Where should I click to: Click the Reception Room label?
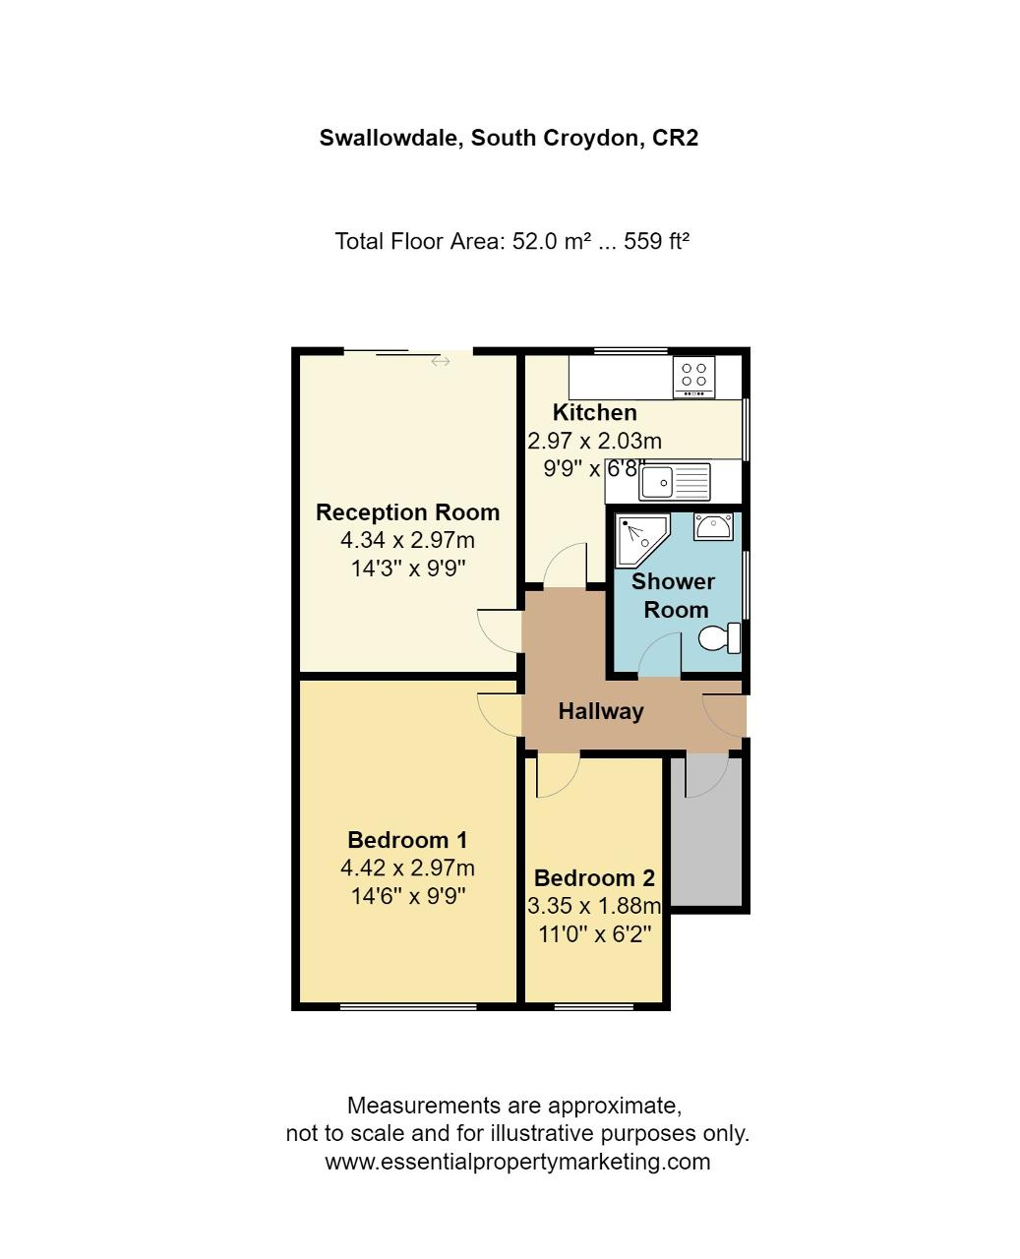[x=408, y=511]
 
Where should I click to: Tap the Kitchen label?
[x=594, y=412]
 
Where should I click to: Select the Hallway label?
[x=601, y=711]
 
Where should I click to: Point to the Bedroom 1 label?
[x=407, y=839]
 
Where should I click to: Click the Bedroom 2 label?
[x=594, y=877]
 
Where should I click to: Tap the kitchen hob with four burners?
[x=693, y=377]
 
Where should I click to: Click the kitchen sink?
[x=675, y=482]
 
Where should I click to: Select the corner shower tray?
[x=641, y=540]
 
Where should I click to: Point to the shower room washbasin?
[x=713, y=525]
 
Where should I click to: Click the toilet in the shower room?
[x=719, y=637]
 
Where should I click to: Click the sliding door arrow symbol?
[x=441, y=361]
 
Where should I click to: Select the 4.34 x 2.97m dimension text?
[x=407, y=540]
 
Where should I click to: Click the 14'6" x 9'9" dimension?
[x=408, y=896]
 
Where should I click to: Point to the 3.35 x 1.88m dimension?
[x=594, y=906]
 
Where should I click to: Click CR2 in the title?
[x=675, y=138]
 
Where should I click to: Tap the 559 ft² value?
[x=657, y=241]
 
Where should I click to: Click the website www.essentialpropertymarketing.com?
[x=517, y=1162]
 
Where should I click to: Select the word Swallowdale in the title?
[x=391, y=139]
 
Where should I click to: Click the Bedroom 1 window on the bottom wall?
[x=408, y=1006]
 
